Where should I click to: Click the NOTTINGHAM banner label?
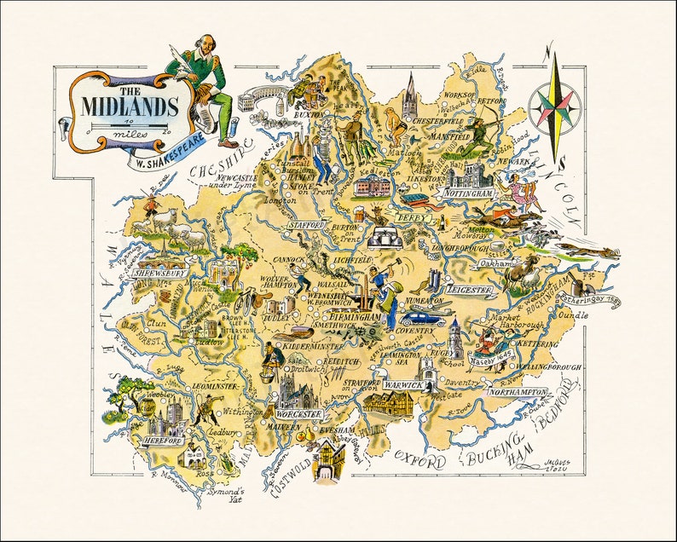468,194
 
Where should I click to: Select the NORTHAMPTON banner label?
518,392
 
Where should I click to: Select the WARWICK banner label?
402,385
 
